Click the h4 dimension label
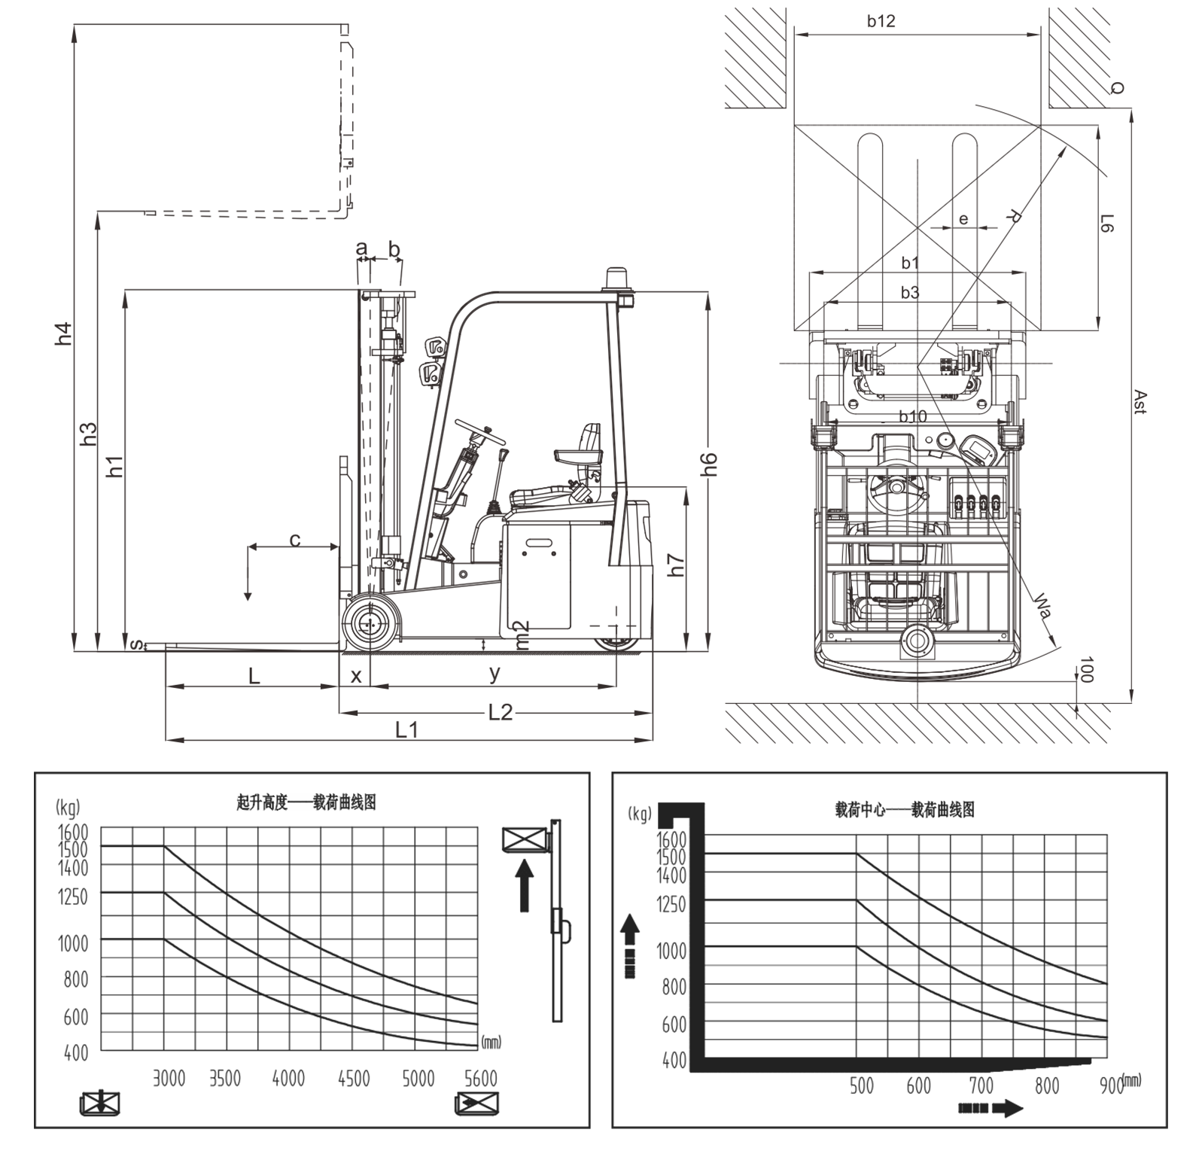65,333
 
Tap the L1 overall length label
406,729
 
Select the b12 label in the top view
881,21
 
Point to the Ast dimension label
1140,402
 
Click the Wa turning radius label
1043,604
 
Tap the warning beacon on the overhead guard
619,279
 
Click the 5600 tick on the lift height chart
481,1078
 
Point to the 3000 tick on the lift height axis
169,1078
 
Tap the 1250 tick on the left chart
73,897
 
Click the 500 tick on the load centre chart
861,1085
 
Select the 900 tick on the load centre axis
1111,1085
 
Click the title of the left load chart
306,802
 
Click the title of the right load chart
905,810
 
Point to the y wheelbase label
494,674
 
